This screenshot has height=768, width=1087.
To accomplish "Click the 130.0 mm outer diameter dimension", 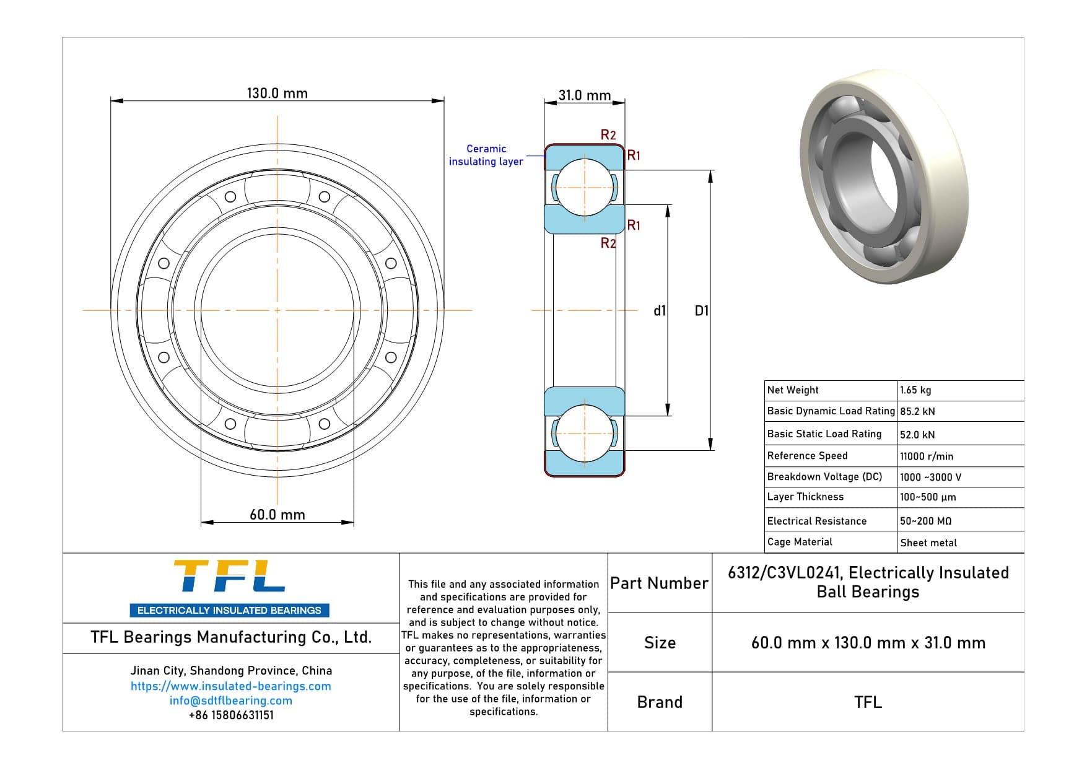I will tap(277, 94).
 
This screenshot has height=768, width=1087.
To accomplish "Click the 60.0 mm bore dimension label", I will tap(277, 515).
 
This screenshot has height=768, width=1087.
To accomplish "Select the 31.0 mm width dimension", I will tap(584, 95).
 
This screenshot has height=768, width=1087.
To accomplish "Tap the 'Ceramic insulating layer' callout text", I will tap(486, 155).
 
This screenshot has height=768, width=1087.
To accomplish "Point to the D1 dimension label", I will tap(701, 311).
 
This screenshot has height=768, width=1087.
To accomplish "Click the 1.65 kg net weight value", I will tap(915, 390).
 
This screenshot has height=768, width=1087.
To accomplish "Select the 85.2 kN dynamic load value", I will tap(917, 411).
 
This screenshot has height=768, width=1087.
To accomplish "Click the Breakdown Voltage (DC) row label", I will tap(824, 476).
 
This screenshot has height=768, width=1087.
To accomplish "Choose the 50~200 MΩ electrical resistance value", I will tap(925, 521).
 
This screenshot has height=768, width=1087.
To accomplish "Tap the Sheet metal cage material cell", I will tap(928, 543).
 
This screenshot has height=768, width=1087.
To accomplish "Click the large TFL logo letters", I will tap(229, 577).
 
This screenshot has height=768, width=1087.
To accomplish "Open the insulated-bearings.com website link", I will tap(230, 686).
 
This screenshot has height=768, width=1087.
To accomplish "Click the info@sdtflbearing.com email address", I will tap(230, 700).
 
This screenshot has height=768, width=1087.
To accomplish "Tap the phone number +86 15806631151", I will tap(230, 715).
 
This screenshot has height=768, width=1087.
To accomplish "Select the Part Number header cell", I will tap(659, 583).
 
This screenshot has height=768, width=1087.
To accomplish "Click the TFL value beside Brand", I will tap(867, 702).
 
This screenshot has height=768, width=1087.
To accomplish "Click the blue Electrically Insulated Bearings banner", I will tap(229, 610).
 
